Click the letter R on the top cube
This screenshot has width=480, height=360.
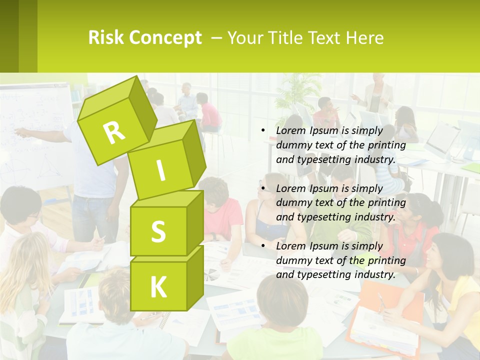[114, 132]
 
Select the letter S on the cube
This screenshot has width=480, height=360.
[158, 231]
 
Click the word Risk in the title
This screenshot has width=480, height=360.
[105, 38]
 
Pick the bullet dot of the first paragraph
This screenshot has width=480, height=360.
[263, 131]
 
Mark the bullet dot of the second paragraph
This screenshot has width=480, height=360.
[263, 188]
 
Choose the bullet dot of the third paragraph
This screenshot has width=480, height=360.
[263, 246]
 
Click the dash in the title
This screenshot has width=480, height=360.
[217, 38]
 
